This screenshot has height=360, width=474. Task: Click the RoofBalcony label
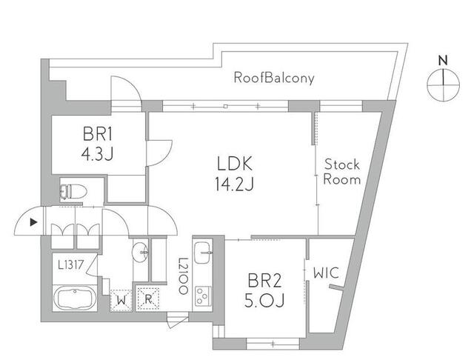pyautogui.click(x=274, y=77)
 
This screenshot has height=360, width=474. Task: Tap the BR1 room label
pyautogui.click(x=97, y=136)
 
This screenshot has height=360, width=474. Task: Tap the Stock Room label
pyautogui.click(x=342, y=172)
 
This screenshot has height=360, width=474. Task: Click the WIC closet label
pyautogui.click(x=326, y=273)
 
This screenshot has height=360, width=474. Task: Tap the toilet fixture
pyautogui.click(x=73, y=191)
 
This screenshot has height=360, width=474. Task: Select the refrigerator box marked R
pyautogui.click(x=149, y=300)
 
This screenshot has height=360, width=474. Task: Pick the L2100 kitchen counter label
pyautogui.click(x=181, y=276)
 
